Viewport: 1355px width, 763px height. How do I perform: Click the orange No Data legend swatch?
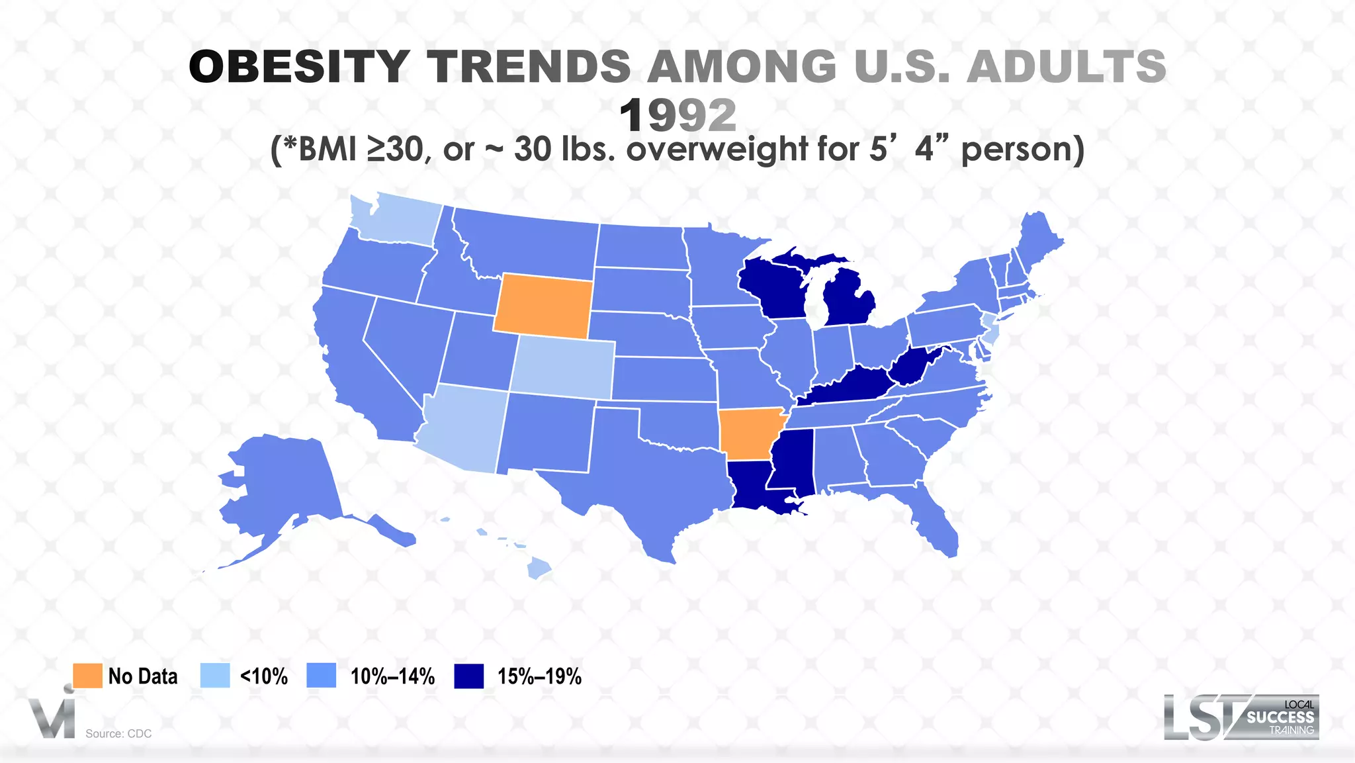(x=87, y=676)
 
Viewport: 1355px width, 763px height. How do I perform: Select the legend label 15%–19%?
(x=539, y=676)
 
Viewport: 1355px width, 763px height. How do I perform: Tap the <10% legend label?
(x=263, y=676)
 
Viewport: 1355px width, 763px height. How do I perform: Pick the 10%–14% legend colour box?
(x=322, y=676)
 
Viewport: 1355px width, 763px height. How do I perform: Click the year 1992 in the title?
(x=677, y=116)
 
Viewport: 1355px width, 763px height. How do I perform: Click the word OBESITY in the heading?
(x=299, y=67)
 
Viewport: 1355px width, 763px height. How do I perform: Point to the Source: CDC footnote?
(x=118, y=733)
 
